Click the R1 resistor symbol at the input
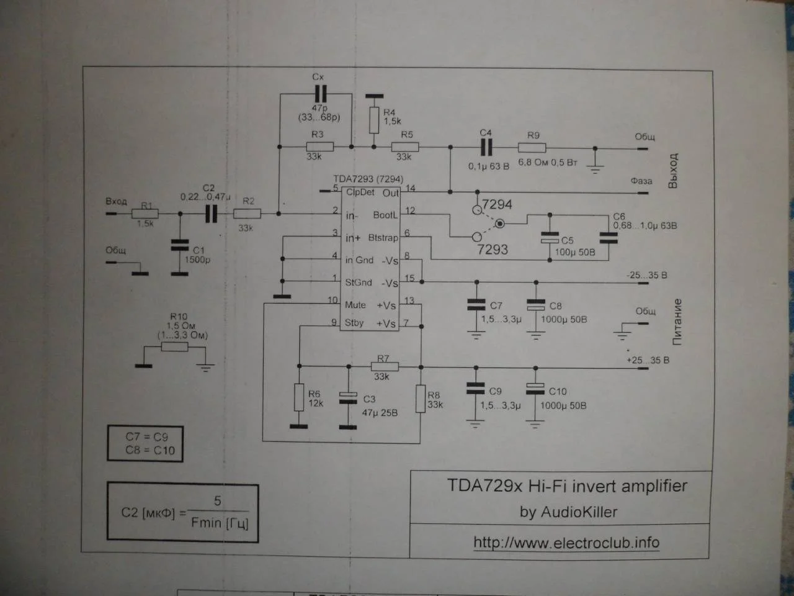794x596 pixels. [x=145, y=214]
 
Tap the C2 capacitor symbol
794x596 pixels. [x=212, y=214]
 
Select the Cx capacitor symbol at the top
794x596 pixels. [x=319, y=94]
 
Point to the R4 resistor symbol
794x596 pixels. [x=373, y=120]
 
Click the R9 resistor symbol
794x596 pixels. [x=532, y=148]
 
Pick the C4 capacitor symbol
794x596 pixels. [x=486, y=147]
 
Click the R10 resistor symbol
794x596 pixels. [x=174, y=347]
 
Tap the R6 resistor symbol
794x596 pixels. [x=299, y=397]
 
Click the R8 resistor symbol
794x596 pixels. [x=421, y=398]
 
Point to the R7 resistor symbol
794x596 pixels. [x=385, y=366]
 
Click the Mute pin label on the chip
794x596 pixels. [x=355, y=305]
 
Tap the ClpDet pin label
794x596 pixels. [x=360, y=192]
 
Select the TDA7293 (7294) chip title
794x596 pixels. [x=368, y=179]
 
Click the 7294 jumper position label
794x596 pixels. [x=497, y=204]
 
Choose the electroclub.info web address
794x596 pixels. [x=566, y=543]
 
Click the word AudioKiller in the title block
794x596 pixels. [x=578, y=512]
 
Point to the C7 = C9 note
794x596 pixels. [x=146, y=436]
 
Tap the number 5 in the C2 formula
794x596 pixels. [x=217, y=500]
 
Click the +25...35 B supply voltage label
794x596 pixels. [x=648, y=360]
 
